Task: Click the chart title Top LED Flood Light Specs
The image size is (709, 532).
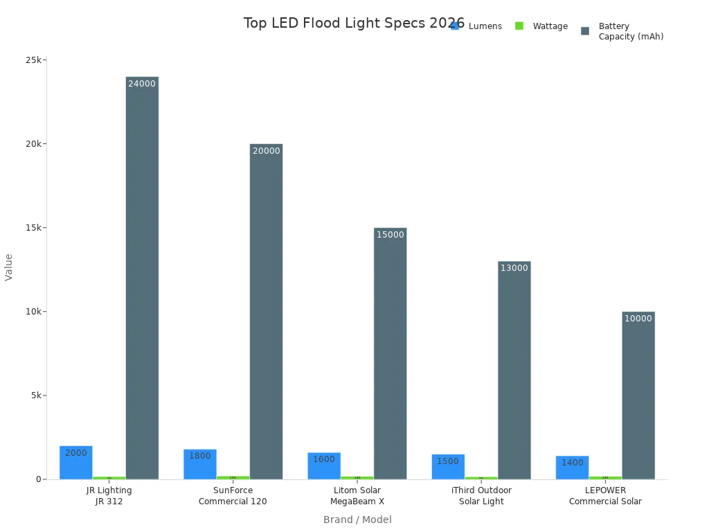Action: [x=354, y=24]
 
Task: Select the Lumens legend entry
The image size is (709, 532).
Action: [x=477, y=26]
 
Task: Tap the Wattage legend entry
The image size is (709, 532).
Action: [x=541, y=26]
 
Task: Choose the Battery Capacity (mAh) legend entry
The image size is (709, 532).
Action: [x=622, y=31]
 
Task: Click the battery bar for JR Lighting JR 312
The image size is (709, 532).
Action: [x=142, y=277]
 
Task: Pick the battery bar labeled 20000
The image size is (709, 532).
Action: [x=266, y=312]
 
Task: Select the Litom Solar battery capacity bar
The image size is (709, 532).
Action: [x=390, y=353]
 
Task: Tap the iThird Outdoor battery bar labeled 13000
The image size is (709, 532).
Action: [x=514, y=371]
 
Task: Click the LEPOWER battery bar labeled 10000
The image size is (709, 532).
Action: [x=638, y=395]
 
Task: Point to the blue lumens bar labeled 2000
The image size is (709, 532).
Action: [x=76, y=463]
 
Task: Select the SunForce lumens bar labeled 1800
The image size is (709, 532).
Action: [x=200, y=464]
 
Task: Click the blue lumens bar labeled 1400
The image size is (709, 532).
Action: [x=572, y=468]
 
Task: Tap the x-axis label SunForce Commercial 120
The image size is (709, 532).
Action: [x=233, y=496]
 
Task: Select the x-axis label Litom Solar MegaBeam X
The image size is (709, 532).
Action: [x=357, y=496]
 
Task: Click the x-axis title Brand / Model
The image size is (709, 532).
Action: [x=357, y=520]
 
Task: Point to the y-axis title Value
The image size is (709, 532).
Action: [x=9, y=267]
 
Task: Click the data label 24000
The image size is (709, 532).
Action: [x=142, y=84]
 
